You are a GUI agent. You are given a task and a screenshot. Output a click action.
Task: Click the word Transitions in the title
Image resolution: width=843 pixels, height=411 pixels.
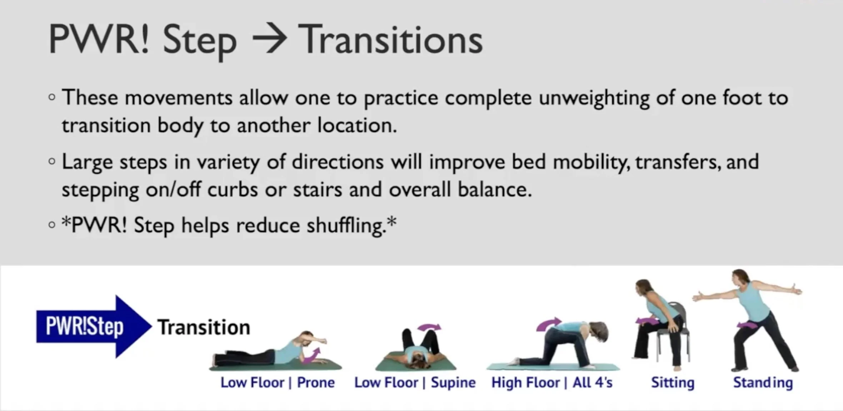[390, 40]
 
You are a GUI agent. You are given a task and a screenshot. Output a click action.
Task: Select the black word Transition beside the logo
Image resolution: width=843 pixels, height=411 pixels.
[204, 328]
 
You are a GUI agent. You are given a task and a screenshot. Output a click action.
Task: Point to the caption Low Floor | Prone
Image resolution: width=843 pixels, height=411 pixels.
[278, 382]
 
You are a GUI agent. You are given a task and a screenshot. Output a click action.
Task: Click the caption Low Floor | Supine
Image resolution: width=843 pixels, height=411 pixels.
[415, 382]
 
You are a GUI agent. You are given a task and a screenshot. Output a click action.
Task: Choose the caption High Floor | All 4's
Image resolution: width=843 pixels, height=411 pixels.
[552, 382]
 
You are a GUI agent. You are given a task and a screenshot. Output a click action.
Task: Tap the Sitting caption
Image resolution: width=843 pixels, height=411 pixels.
[673, 382]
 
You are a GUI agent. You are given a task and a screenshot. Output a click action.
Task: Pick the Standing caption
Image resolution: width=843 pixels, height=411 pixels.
[763, 382]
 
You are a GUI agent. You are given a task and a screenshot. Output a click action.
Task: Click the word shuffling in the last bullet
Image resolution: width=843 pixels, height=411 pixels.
[346, 225]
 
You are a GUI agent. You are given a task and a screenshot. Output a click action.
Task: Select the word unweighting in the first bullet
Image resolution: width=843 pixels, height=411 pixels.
[594, 98]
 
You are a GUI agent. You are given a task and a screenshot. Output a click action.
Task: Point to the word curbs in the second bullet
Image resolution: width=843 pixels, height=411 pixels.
[233, 189]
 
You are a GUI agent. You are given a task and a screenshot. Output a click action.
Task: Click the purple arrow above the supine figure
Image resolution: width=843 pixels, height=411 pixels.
[429, 327]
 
